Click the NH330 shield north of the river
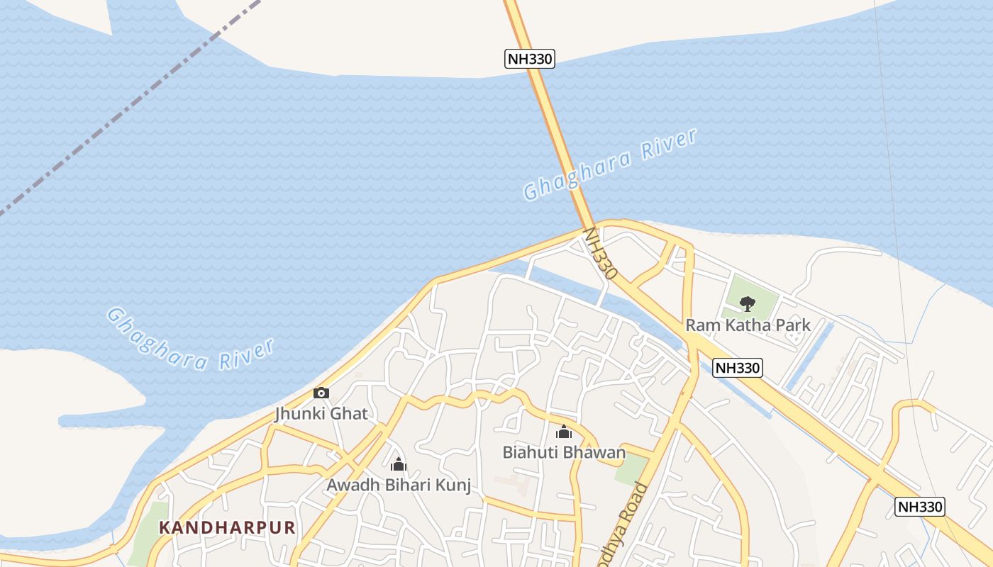point(529,59)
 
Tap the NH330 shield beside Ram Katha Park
point(738,368)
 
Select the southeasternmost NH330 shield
point(920,507)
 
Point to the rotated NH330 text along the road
point(600,253)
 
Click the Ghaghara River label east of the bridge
point(610,164)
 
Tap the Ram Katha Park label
point(748,326)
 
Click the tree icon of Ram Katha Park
point(747,304)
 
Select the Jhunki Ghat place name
point(321,413)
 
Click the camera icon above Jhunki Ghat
point(321,393)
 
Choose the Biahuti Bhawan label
point(564,452)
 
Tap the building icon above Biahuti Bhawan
point(564,432)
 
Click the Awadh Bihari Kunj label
point(399,485)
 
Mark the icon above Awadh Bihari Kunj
point(399,465)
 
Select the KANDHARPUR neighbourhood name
point(227,527)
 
